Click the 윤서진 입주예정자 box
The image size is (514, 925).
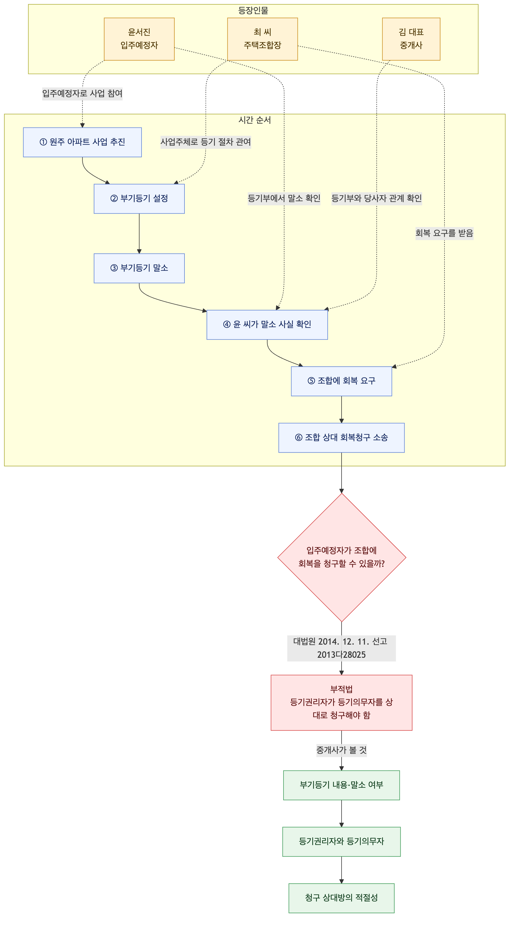click(139, 39)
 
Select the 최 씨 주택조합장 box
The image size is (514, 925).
click(262, 39)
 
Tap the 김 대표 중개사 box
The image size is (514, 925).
click(411, 39)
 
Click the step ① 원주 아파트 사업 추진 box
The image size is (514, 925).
click(82, 142)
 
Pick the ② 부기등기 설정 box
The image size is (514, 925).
click(139, 199)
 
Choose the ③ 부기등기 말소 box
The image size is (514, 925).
click(139, 268)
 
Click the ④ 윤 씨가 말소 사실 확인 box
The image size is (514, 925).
click(267, 324)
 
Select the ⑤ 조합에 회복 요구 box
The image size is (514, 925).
click(341, 381)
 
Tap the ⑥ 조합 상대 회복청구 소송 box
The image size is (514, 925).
click(341, 438)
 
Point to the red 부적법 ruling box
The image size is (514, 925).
click(341, 702)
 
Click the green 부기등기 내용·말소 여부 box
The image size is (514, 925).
click(341, 785)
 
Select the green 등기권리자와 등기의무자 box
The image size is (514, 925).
click(341, 842)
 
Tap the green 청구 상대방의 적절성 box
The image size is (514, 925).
click(341, 898)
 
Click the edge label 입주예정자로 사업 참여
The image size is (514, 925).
click(82, 94)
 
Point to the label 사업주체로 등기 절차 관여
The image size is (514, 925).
click(206, 142)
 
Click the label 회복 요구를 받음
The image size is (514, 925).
click(444, 233)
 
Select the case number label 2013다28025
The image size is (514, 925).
click(341, 655)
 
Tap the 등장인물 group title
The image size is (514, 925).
click(253, 11)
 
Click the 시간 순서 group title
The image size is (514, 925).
click(255, 120)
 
